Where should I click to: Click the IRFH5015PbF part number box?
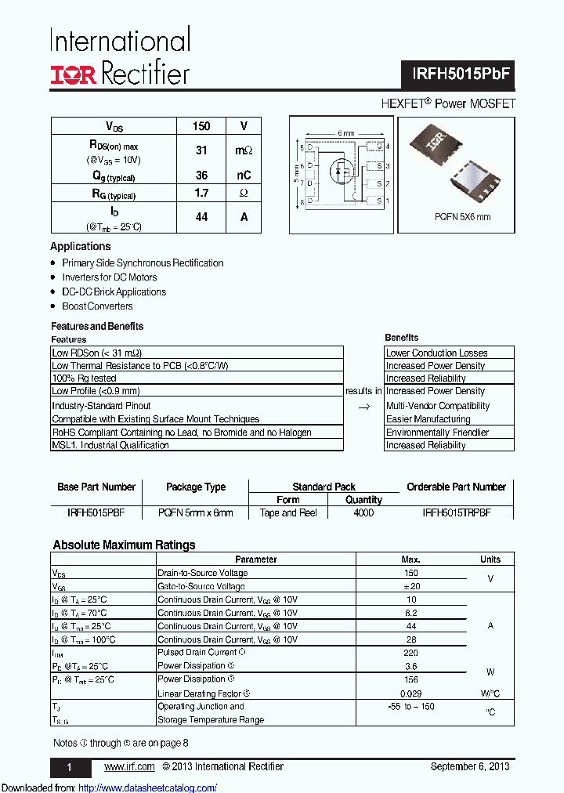(x=462, y=74)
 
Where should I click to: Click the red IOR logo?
(x=74, y=74)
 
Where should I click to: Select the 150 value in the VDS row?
(x=201, y=126)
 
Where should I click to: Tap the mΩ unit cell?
(x=244, y=150)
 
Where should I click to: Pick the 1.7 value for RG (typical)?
(x=201, y=193)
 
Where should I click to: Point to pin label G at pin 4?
(x=378, y=147)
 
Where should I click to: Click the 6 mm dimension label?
(x=345, y=133)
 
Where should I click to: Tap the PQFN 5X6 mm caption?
(x=462, y=217)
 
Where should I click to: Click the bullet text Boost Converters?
(x=97, y=306)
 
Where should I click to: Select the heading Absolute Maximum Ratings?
(x=124, y=545)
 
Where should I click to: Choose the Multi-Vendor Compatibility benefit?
(x=437, y=406)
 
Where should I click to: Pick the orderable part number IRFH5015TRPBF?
(x=456, y=513)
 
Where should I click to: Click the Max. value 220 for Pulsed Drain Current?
(x=410, y=652)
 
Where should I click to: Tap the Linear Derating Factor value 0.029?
(x=410, y=693)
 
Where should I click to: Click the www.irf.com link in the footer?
(x=129, y=766)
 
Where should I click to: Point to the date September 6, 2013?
(x=470, y=766)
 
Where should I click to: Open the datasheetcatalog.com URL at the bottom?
(x=148, y=788)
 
